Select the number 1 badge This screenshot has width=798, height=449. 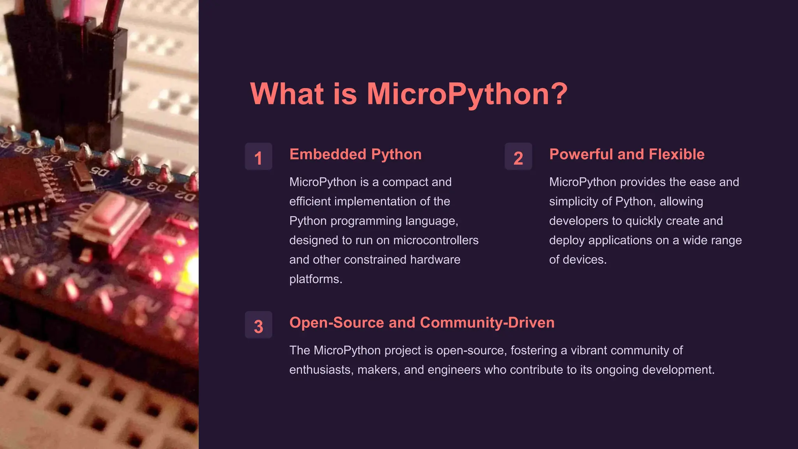[258, 157]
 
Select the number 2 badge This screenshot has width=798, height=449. [518, 157]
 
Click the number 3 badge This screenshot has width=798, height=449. [258, 325]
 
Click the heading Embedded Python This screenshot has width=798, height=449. [355, 154]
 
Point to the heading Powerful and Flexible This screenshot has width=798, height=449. [627, 154]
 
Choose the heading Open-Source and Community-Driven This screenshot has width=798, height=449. [422, 323]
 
